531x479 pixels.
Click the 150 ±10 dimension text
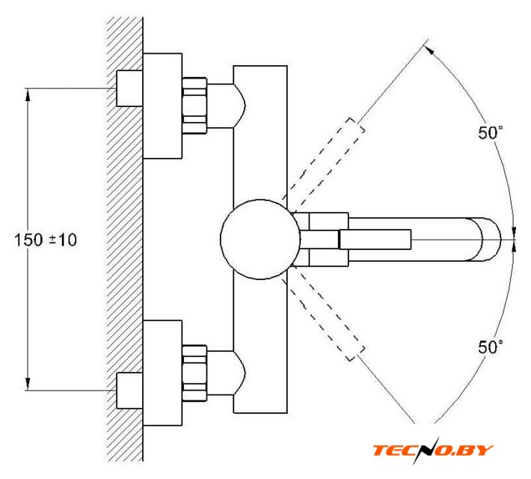click(46, 240)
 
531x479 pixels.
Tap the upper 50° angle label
click(491, 133)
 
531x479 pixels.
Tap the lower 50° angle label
click(491, 347)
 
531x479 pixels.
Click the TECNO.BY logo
click(434, 450)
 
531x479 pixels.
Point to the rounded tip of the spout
click(489, 239)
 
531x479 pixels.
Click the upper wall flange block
click(162, 106)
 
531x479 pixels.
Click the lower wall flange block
click(162, 372)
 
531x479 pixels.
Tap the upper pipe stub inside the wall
click(129, 88)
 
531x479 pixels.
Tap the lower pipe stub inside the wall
click(129, 391)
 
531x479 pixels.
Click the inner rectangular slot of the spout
click(375, 239)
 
